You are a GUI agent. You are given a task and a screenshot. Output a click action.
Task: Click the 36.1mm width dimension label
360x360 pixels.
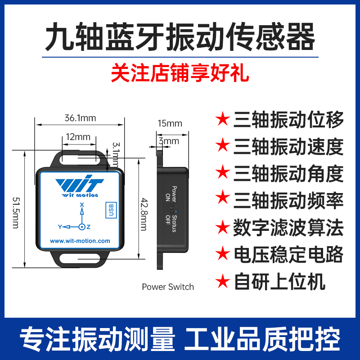click(x=81, y=119)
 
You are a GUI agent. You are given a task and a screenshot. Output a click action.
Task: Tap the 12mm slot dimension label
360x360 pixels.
click(x=78, y=137)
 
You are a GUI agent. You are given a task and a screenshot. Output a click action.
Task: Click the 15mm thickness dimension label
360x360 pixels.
click(x=170, y=123)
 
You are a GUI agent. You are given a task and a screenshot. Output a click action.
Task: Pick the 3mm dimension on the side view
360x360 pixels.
click(x=169, y=141)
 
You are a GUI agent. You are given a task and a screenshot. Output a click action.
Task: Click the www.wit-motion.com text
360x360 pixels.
click(x=80, y=241)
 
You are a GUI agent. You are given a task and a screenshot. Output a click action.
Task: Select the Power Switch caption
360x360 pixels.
click(x=168, y=287)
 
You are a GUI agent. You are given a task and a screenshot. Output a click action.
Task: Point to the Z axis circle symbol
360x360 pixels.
click(x=82, y=227)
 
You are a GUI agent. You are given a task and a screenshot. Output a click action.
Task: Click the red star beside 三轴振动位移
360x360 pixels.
click(x=222, y=120)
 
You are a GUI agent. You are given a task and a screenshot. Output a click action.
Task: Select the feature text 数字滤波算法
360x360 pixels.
click(x=288, y=228)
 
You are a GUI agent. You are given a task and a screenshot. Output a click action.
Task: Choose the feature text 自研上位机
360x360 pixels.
click(x=279, y=282)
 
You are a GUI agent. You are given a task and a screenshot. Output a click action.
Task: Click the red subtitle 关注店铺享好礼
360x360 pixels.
click(x=180, y=73)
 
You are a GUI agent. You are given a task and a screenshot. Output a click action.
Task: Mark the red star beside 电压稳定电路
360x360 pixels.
click(x=222, y=255)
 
